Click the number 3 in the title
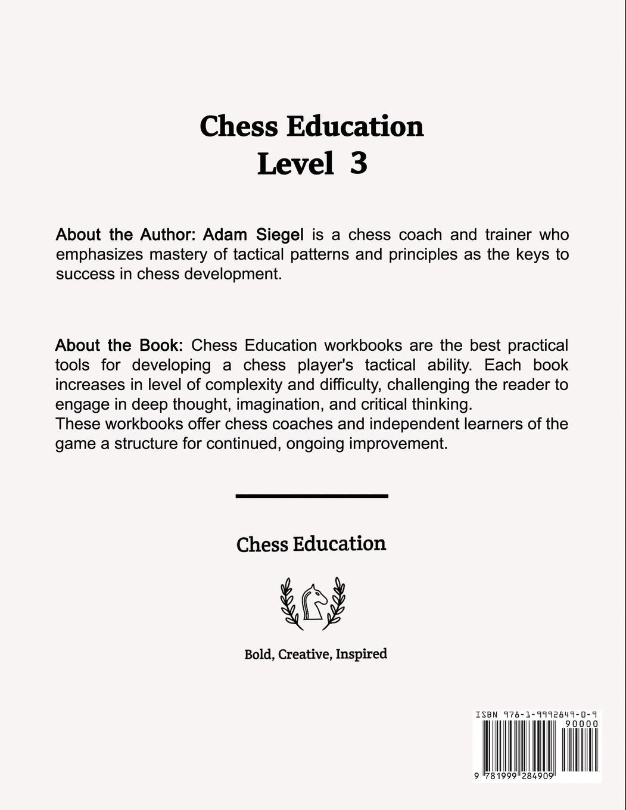click(x=358, y=163)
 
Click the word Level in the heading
click(x=295, y=163)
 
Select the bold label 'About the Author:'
click(x=126, y=235)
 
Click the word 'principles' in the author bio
click(x=422, y=254)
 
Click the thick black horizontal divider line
click(x=312, y=496)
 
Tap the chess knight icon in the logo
click(x=312, y=602)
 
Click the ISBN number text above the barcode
click(x=536, y=714)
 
